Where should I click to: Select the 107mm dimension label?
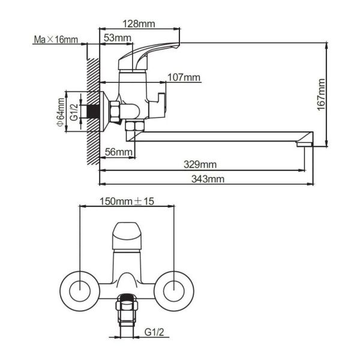point(184,77)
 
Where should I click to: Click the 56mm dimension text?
point(118,152)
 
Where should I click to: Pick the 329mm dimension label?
point(200,164)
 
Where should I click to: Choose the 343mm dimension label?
point(208,179)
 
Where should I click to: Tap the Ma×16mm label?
point(56,40)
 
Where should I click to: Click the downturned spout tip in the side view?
point(305,143)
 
